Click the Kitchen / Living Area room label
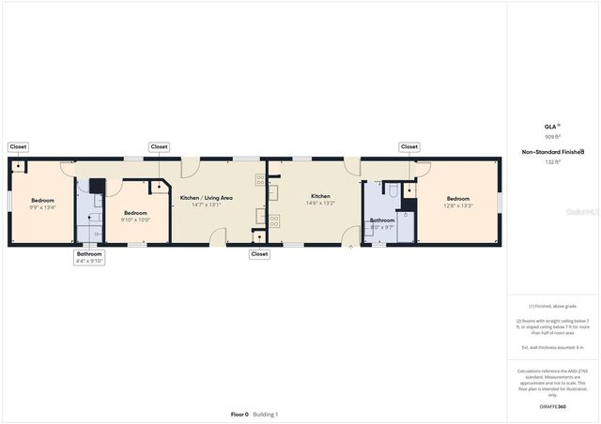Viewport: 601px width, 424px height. (200, 198)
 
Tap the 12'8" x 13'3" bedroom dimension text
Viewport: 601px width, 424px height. (458, 205)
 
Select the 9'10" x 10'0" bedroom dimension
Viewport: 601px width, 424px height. (135, 220)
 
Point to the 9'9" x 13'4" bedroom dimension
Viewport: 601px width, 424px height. (43, 207)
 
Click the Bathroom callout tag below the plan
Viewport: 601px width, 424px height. (89, 253)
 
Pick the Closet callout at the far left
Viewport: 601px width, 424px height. (18, 146)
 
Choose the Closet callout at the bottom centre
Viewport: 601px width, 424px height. (259, 253)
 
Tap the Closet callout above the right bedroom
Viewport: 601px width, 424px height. (409, 146)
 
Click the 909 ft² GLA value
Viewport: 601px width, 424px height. (552, 136)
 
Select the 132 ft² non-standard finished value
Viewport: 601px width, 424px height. (552, 162)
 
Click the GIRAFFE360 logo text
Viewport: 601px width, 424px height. (552, 406)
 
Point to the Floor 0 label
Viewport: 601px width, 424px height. (239, 414)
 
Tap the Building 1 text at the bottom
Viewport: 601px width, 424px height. (266, 414)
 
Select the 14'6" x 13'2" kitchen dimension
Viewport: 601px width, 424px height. (321, 203)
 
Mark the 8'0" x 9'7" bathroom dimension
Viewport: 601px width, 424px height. (382, 227)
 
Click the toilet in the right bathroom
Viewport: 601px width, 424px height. (394, 189)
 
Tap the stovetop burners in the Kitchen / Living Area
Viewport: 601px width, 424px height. (274, 222)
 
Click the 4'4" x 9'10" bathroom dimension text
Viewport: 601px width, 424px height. (89, 261)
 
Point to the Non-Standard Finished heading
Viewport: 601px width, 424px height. (553, 151)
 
